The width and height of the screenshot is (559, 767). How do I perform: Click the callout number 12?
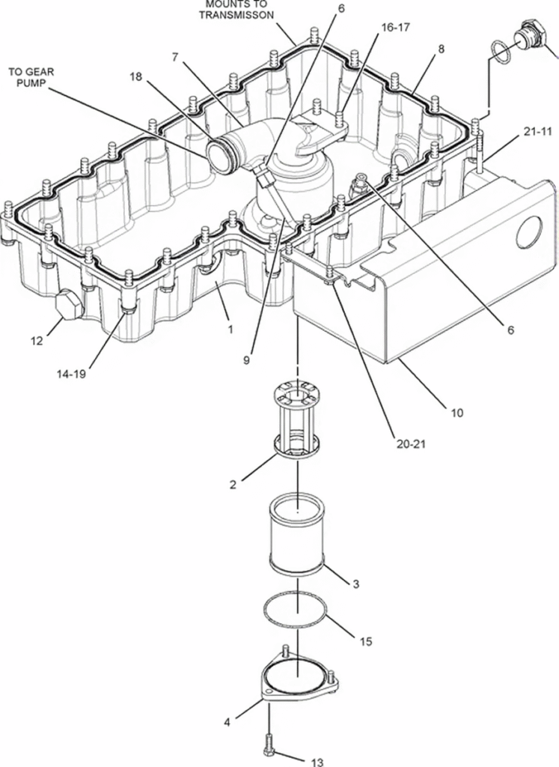click(x=37, y=341)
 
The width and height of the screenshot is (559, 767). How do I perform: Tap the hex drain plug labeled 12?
click(x=68, y=304)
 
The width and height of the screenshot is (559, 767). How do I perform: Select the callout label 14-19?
click(x=71, y=375)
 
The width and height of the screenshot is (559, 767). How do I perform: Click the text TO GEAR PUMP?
click(x=31, y=77)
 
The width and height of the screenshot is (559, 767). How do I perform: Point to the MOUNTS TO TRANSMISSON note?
click(x=236, y=10)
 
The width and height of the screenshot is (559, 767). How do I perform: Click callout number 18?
click(x=136, y=77)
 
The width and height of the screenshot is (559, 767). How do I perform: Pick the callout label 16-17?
click(x=395, y=28)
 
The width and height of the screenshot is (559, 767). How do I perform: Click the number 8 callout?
click(x=442, y=49)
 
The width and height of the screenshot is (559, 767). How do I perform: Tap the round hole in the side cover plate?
click(x=530, y=234)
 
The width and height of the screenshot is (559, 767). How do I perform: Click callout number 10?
click(x=457, y=413)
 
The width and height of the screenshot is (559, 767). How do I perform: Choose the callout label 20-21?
click(x=411, y=444)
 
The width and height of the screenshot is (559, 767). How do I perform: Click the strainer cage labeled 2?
click(x=298, y=420)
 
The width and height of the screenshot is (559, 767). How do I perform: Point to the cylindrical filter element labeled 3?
click(x=296, y=535)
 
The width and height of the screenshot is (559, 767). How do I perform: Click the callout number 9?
click(x=246, y=360)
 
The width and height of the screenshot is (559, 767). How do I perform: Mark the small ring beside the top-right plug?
click(x=501, y=52)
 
